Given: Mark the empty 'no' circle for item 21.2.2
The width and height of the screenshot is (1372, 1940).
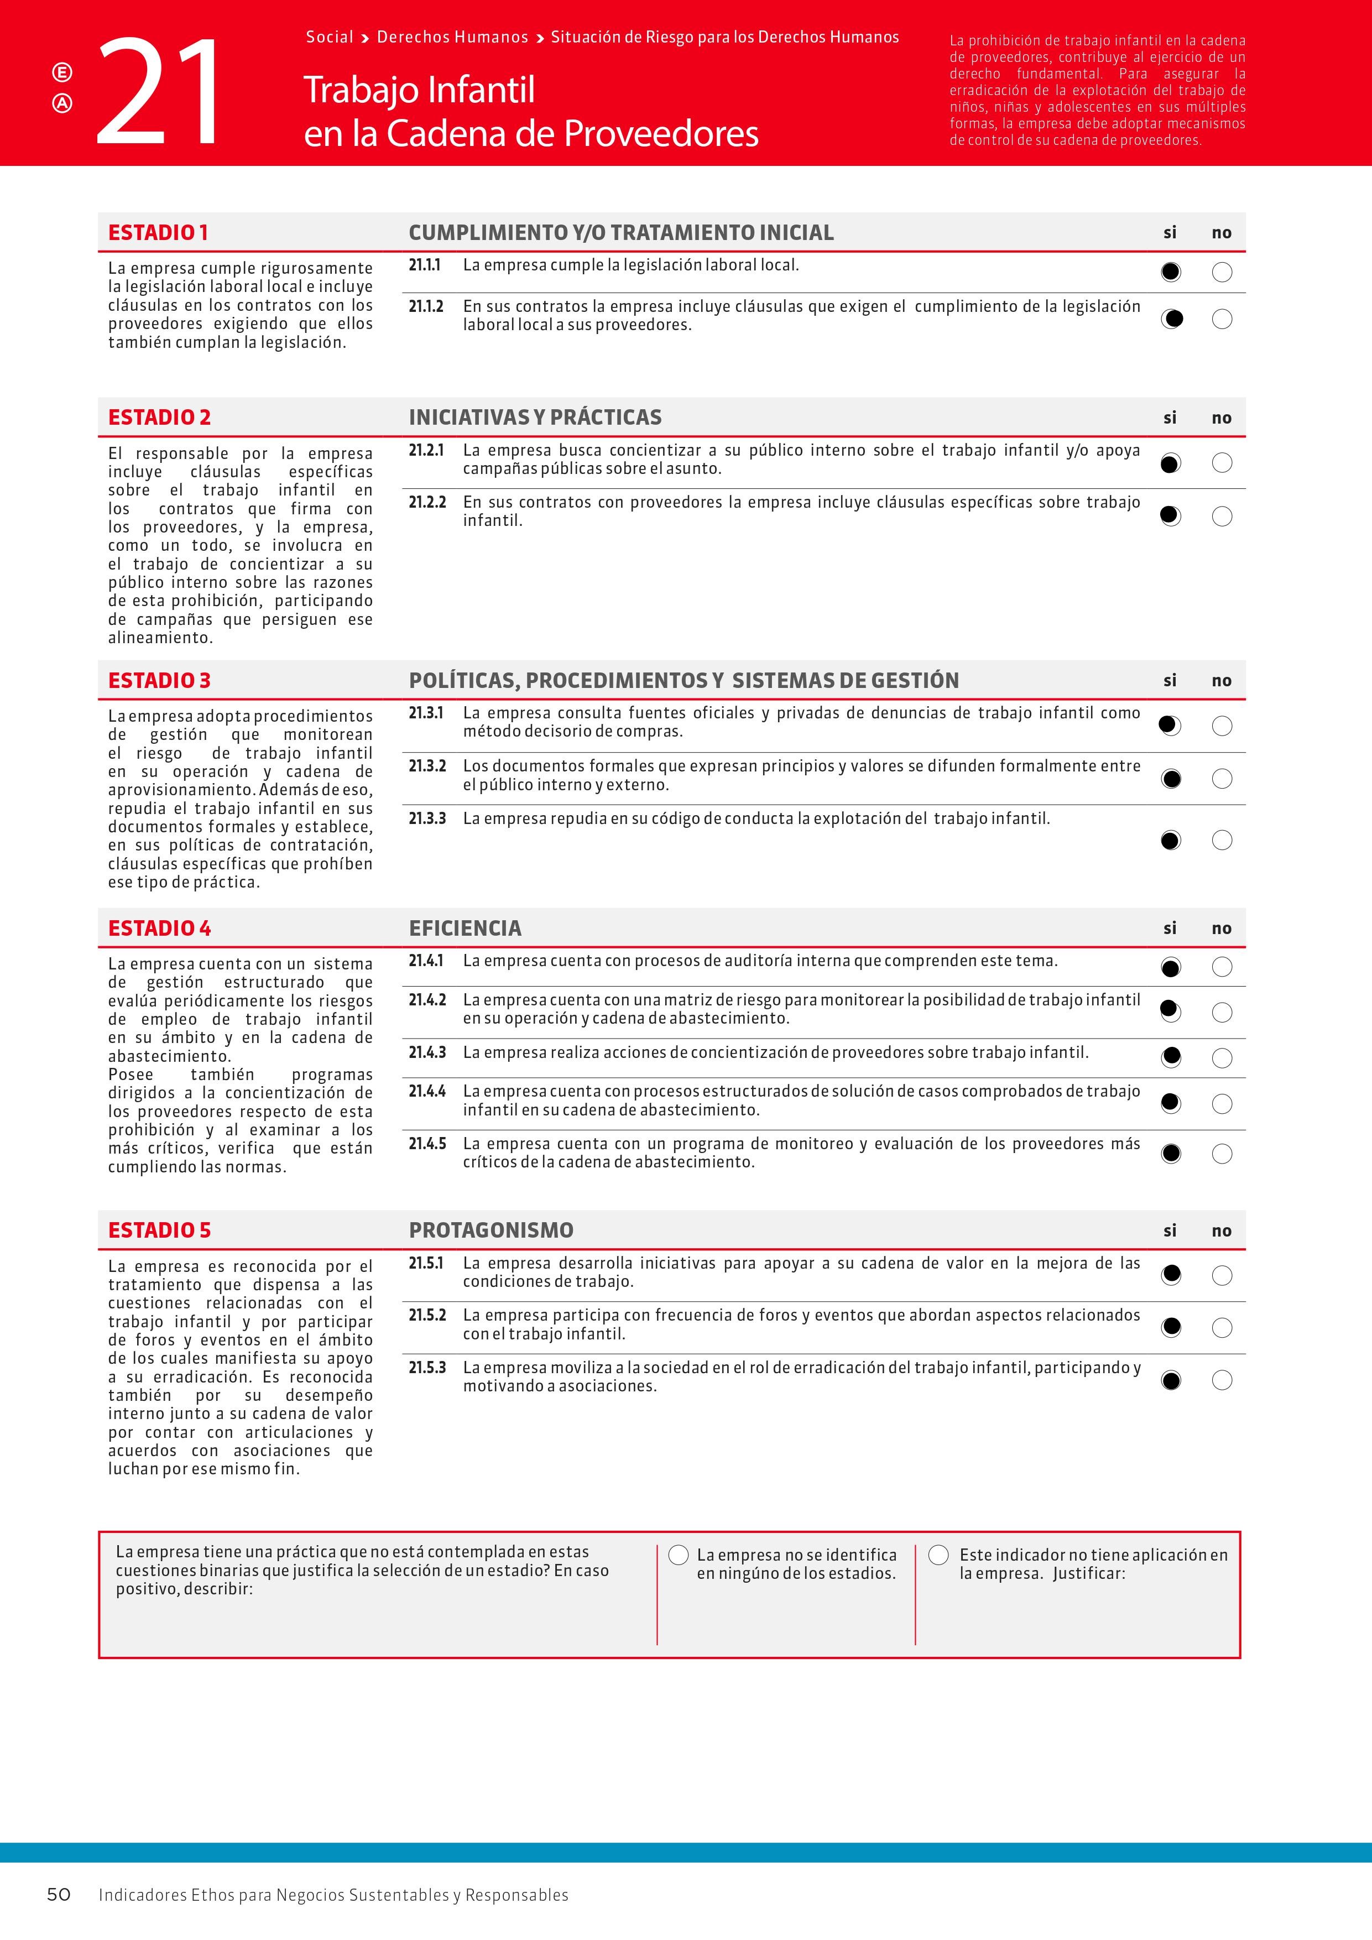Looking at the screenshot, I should click(x=1222, y=517).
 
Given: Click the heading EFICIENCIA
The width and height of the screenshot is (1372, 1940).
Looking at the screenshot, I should click(x=465, y=928).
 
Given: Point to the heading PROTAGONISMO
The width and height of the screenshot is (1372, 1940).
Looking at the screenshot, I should click(x=491, y=1230).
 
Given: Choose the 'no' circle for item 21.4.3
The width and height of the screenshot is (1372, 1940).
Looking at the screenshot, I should click(x=1222, y=1058).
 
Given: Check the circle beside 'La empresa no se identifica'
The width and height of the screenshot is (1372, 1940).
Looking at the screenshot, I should click(x=679, y=1555).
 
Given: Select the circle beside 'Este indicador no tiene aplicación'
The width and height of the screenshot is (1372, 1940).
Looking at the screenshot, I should click(x=938, y=1555).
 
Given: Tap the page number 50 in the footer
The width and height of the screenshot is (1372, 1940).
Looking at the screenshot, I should click(x=58, y=1894).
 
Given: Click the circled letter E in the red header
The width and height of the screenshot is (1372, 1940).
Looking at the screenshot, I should click(x=62, y=72).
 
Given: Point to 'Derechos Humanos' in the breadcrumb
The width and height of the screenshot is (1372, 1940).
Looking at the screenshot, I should click(x=452, y=37).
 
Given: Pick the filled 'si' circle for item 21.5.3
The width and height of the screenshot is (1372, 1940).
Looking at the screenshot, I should click(x=1170, y=1381).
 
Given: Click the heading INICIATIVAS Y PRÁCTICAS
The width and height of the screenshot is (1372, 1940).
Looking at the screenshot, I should click(x=535, y=418).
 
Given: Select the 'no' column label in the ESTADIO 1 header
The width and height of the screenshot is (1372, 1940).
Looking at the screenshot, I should click(x=1222, y=233).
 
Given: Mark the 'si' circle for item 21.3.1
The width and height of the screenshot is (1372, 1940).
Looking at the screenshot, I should click(x=1170, y=726).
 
